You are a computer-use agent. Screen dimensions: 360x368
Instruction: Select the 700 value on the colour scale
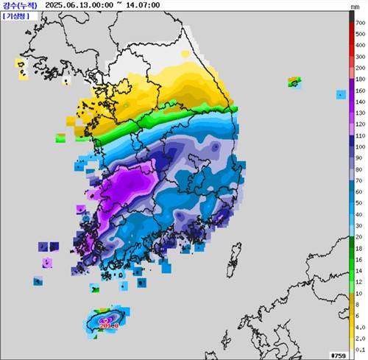pyautogui.click(x=361, y=24)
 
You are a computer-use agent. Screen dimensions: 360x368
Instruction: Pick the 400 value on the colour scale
pyautogui.click(x=361, y=55)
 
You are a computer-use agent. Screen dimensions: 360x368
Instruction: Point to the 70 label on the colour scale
pyautogui.click(x=360, y=180)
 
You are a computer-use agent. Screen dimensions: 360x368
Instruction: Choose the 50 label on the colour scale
pyautogui.click(x=360, y=203)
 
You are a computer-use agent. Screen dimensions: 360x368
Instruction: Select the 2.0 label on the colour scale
pyautogui.click(x=360, y=339)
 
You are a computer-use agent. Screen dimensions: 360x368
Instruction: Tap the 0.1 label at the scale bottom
pyautogui.click(x=360, y=350)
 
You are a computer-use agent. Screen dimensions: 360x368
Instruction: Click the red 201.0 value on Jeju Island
pyautogui.click(x=108, y=325)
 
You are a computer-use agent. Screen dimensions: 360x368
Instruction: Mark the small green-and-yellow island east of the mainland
pyautogui.click(x=294, y=82)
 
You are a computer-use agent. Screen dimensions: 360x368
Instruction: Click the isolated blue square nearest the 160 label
pyautogui.click(x=341, y=94)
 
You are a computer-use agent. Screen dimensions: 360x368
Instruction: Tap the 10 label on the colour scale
pyautogui.click(x=360, y=294)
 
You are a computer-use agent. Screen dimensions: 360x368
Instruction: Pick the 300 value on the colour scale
pyautogui.click(x=361, y=66)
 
